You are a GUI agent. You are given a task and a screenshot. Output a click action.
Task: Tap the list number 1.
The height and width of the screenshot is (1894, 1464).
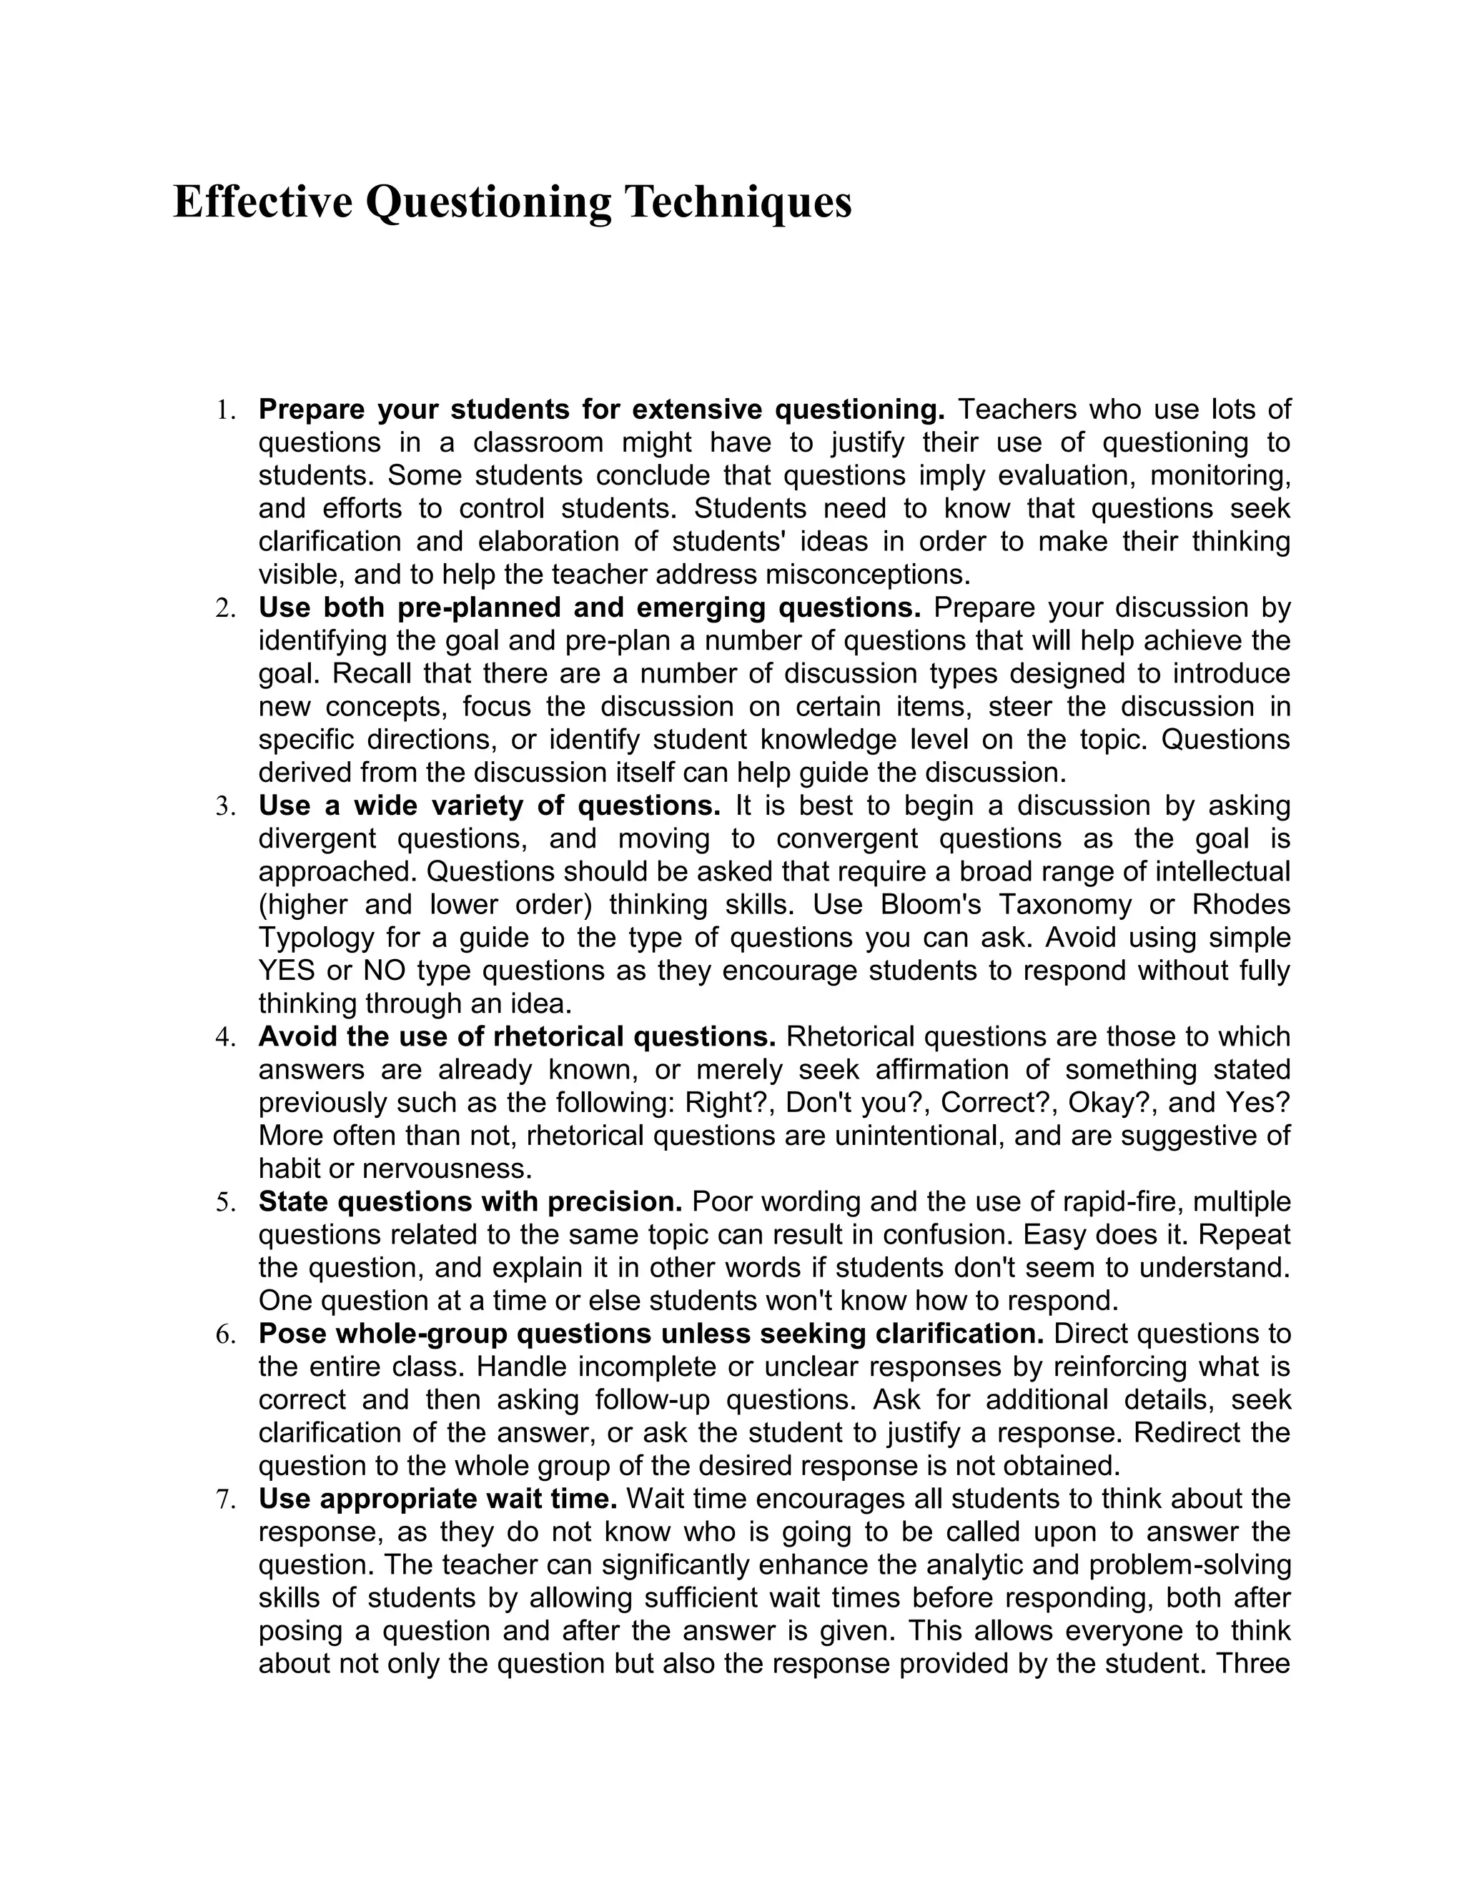224,410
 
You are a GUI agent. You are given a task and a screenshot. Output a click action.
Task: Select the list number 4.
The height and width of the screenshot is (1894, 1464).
224,1037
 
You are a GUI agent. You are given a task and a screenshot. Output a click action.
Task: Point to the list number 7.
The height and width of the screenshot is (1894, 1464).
224,1499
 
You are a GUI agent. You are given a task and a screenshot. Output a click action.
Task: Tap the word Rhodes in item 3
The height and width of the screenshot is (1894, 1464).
1241,905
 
